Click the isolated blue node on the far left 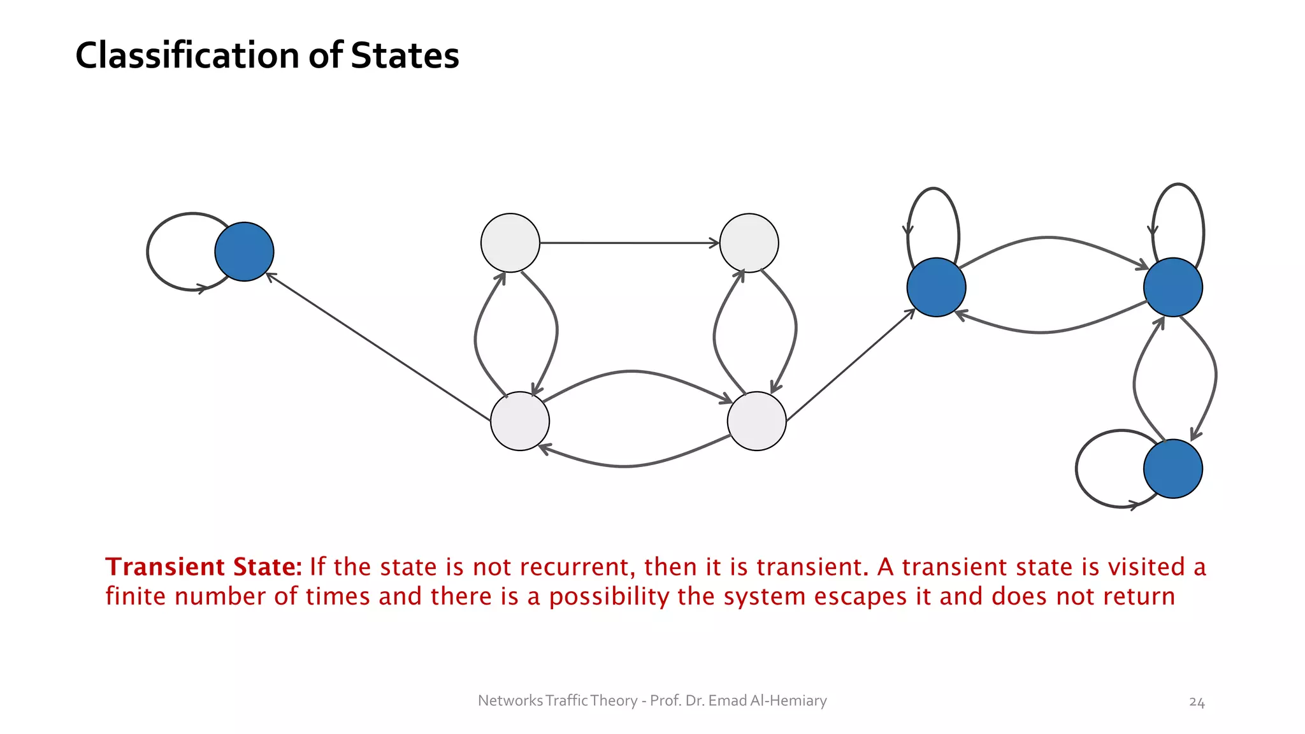point(244,252)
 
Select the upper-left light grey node point(510,243)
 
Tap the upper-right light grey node point(749,243)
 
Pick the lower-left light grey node point(520,421)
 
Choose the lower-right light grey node point(756,421)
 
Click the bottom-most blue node point(1172,469)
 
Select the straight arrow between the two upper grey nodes point(630,243)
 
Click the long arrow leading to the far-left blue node point(379,348)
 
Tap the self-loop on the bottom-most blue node point(1078,469)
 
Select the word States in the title point(405,55)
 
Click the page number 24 point(1197,702)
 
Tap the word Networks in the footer point(510,701)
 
